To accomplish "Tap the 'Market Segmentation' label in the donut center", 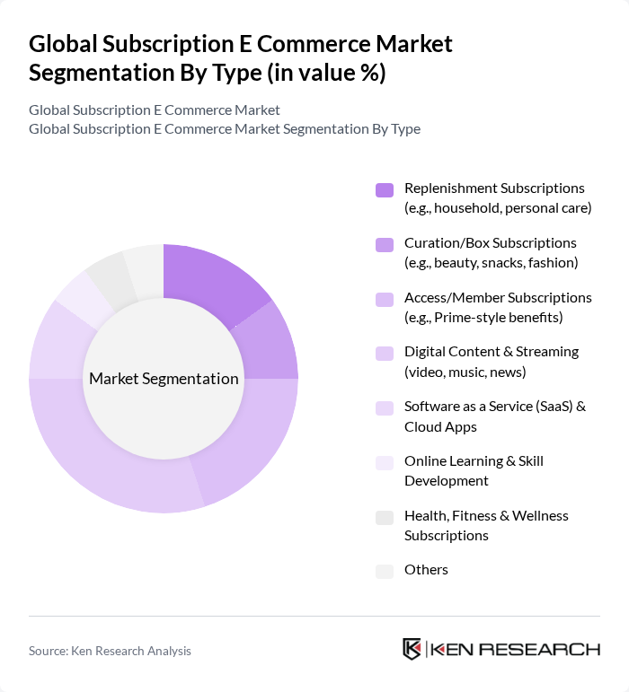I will click(164, 378).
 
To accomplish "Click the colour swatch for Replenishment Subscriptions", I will click(385, 189).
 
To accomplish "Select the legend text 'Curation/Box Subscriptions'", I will click(490, 242).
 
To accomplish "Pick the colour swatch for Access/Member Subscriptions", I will click(385, 298).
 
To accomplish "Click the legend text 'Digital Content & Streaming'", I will click(491, 351).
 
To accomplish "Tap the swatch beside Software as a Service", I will click(385, 407).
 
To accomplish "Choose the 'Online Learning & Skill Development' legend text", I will click(474, 470).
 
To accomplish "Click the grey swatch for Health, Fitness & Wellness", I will click(385, 517).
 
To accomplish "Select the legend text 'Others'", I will click(426, 569).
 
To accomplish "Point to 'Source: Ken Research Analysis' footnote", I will click(110, 651).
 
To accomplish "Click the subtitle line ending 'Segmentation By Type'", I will click(225, 128).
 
